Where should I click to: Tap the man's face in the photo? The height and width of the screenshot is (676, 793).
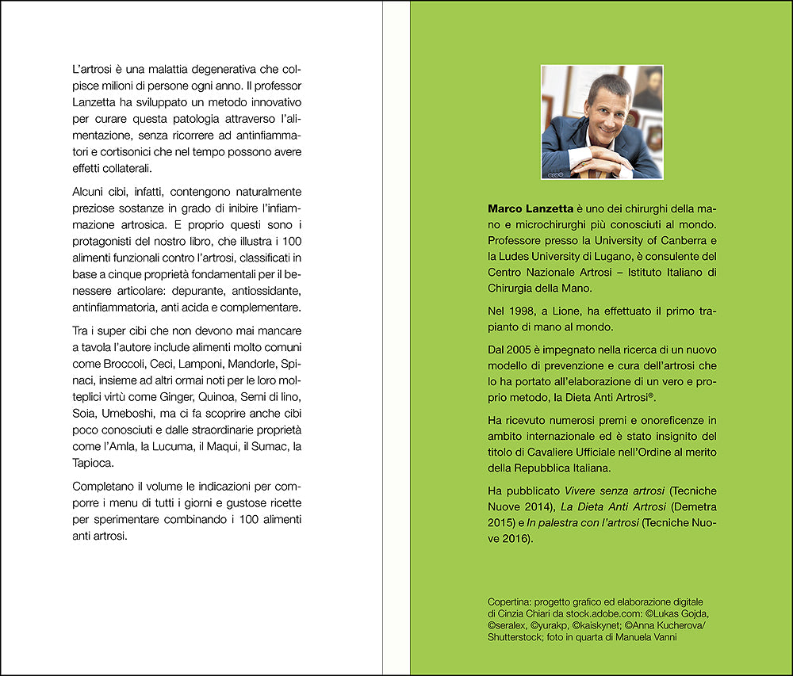606,112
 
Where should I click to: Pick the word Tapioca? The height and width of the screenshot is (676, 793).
93,464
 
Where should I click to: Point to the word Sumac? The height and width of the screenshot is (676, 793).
259,447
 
